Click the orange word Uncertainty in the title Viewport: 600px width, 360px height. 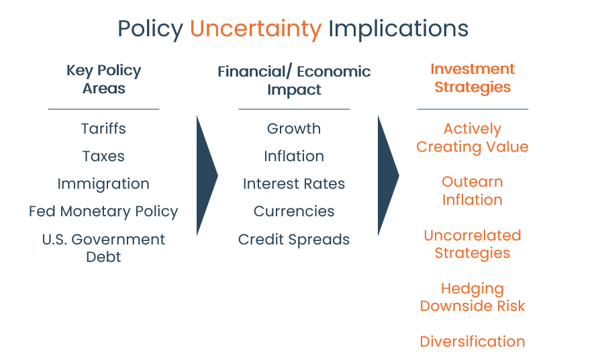tap(256, 29)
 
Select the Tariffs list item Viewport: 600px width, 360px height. tap(103, 129)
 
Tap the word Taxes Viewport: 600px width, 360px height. tap(103, 156)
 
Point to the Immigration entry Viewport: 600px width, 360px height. tap(103, 184)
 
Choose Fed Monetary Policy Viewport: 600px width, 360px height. tap(103, 212)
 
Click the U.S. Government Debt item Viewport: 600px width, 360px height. tap(103, 248)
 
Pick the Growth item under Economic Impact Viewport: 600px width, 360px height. tap(294, 129)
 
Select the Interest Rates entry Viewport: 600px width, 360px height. tap(294, 184)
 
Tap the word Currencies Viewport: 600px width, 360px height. tap(294, 212)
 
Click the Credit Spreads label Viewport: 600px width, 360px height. tap(294, 240)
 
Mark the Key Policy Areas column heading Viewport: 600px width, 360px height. tap(104, 79)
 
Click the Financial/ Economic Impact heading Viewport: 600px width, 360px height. tap(294, 81)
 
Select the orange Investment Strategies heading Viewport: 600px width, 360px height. tap(472, 78)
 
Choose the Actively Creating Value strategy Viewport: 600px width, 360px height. tap(472, 138)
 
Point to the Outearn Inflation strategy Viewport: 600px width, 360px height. tap(472, 191)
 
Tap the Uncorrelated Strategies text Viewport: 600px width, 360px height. tap(472, 244)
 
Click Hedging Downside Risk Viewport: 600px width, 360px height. tap(472, 297)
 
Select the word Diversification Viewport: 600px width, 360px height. tap(472, 342)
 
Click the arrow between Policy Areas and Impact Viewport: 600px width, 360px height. tap(207, 176)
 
